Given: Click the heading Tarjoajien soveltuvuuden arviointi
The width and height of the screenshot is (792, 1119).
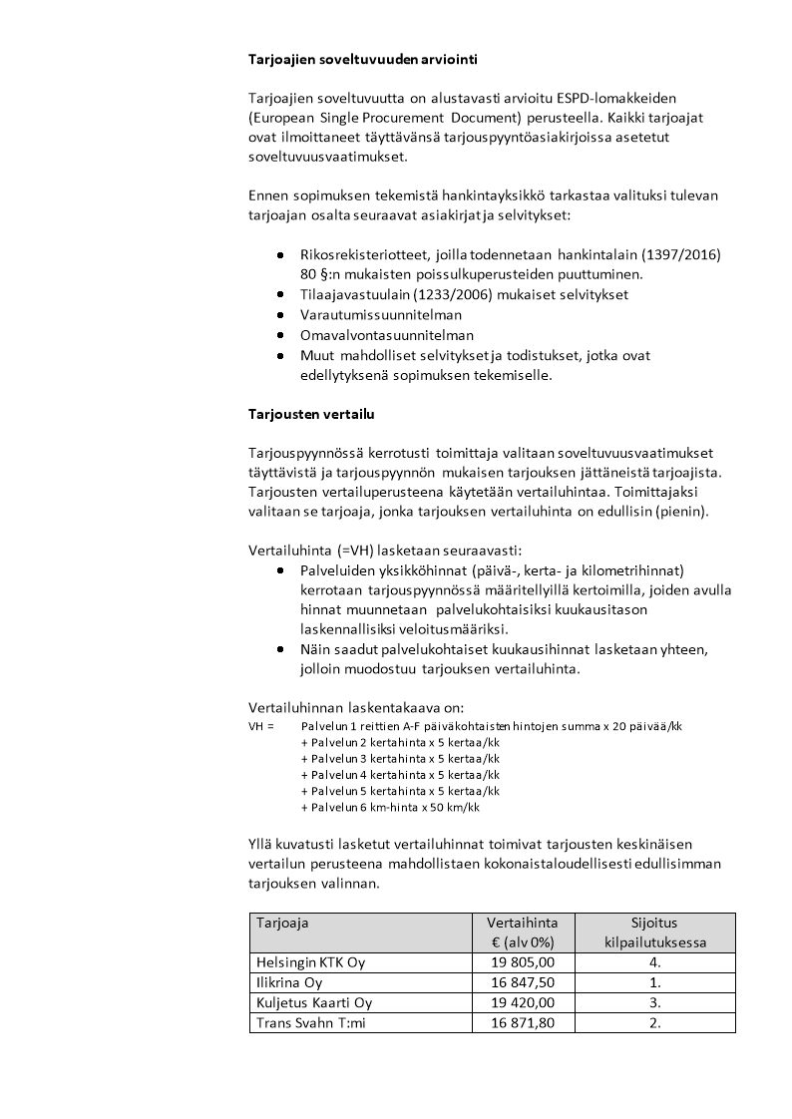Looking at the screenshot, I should click(x=362, y=59).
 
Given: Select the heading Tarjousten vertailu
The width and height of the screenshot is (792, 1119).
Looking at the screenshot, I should click(x=311, y=413).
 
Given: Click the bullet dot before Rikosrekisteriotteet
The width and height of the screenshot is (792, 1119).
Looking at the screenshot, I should click(x=280, y=256).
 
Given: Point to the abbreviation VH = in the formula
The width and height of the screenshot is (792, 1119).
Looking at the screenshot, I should click(x=260, y=726).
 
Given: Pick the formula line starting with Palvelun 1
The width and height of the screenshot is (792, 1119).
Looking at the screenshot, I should click(x=491, y=726).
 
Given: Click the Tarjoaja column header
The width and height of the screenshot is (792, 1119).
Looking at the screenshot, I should click(x=282, y=923).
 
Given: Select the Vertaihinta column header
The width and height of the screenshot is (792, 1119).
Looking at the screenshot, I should click(x=523, y=923).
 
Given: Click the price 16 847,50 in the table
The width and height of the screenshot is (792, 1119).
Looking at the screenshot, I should click(x=523, y=982).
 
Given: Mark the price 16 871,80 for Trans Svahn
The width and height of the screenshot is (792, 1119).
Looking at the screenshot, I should click(x=523, y=1022).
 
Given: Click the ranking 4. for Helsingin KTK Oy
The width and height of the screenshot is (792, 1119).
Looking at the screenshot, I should click(x=654, y=962).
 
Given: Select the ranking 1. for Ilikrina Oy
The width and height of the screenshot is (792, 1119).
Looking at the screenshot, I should click(x=654, y=982).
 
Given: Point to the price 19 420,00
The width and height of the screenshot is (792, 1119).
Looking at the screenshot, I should click(x=523, y=1002).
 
